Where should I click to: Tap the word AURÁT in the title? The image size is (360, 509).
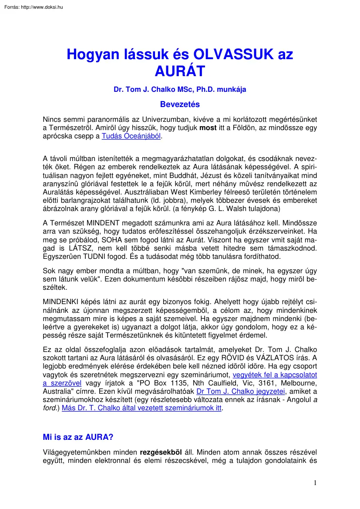click(179, 70)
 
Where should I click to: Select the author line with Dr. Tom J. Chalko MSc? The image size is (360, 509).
click(180, 90)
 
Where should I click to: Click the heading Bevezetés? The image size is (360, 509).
click(180, 104)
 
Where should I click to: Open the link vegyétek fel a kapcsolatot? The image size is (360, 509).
click(275, 375)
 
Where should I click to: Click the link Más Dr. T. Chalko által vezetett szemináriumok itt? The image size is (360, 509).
click(142, 408)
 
